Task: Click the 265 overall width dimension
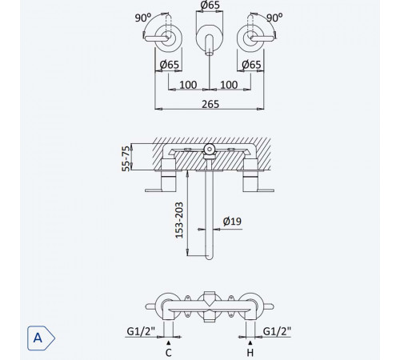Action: pos(210,104)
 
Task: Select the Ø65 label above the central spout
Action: pos(210,5)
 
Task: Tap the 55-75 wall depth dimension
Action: pos(126,158)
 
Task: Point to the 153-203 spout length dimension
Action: pos(179,220)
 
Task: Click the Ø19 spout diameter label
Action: pos(232,221)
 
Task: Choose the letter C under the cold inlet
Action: pos(169,353)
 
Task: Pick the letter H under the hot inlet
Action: pos(250,353)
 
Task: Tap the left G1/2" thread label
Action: pos(141,331)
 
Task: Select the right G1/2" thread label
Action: pos(277,331)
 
